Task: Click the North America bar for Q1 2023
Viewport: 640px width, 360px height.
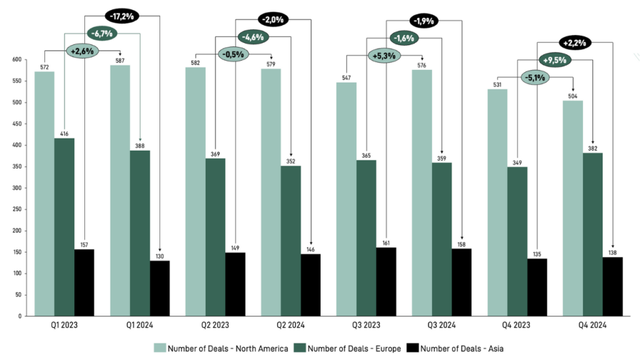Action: click(x=44, y=194)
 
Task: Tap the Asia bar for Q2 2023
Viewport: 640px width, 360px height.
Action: click(x=235, y=284)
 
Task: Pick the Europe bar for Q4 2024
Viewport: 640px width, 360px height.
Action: click(x=592, y=234)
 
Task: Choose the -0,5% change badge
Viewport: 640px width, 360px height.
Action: click(x=234, y=54)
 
